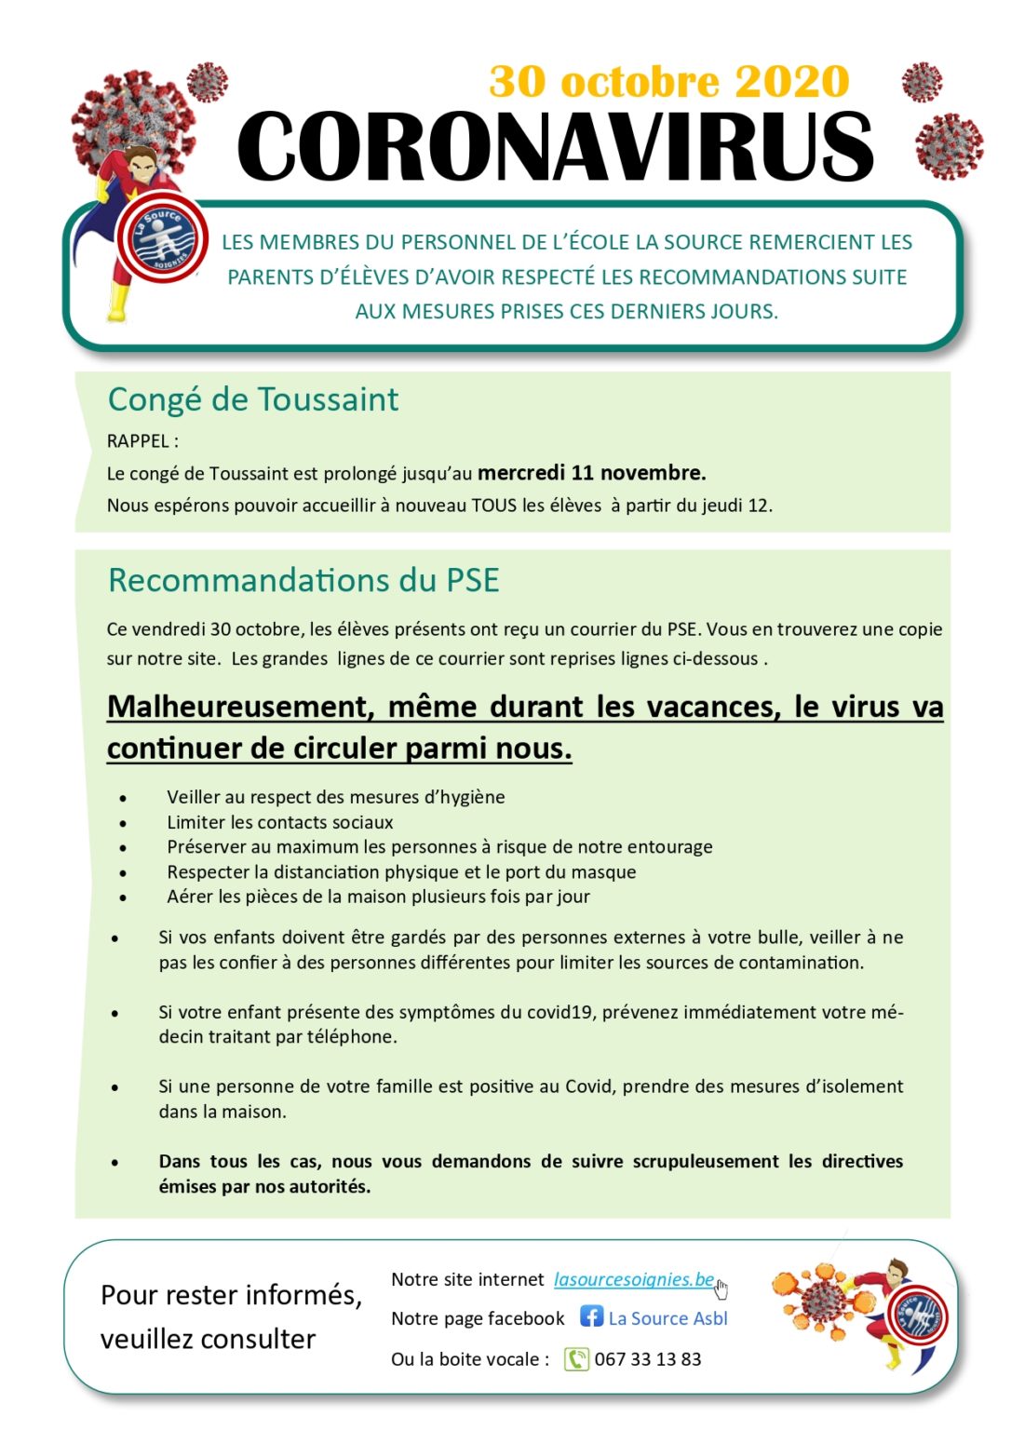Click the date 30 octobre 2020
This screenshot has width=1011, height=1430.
(x=668, y=82)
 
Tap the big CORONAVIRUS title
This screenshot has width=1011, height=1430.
(x=556, y=147)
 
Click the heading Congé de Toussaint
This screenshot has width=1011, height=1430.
(x=252, y=399)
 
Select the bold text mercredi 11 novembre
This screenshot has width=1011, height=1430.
(x=591, y=473)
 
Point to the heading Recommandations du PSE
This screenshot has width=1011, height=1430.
(x=303, y=580)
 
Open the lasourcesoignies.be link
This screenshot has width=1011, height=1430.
(x=634, y=1279)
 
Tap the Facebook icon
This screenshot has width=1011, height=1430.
(x=591, y=1316)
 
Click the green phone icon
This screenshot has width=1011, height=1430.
(x=576, y=1359)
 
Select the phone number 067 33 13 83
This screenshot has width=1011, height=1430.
(x=648, y=1359)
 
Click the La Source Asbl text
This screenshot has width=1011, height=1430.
(x=667, y=1318)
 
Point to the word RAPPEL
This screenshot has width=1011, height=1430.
(x=138, y=441)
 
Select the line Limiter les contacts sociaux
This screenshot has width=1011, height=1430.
(x=279, y=822)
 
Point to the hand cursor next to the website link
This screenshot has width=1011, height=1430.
(x=721, y=1288)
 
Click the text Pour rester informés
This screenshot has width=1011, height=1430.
(x=231, y=1295)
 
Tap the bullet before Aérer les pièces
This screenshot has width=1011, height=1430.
(x=122, y=898)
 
